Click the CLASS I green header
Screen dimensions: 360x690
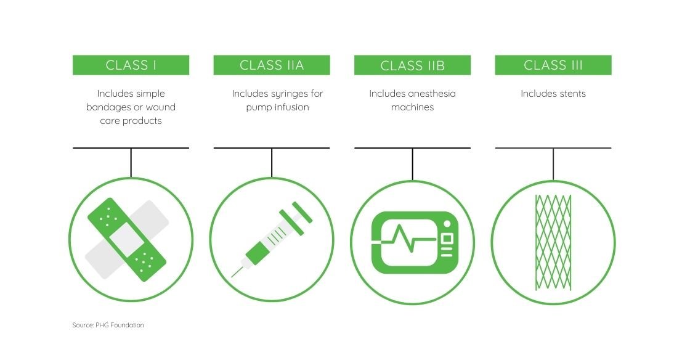tap(131, 65)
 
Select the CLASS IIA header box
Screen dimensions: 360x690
tap(272, 65)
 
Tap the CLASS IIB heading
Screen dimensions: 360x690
tap(412, 65)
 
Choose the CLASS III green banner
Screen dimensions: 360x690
tap(553, 65)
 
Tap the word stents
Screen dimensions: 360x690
tap(571, 94)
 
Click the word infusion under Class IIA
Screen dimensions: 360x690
tap(288, 107)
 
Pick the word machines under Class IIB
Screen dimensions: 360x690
tap(412, 107)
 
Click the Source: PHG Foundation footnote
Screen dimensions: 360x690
tap(108, 325)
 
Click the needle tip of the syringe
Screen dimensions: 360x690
tap(233, 275)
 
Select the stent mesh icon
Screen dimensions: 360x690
tap(553, 242)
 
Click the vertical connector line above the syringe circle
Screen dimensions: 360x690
tap(272, 163)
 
